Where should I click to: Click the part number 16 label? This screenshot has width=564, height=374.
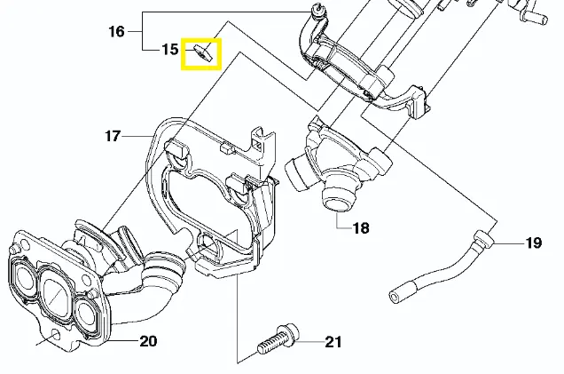pyautogui.click(x=117, y=32)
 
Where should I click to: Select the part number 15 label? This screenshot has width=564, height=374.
pyautogui.click(x=169, y=50)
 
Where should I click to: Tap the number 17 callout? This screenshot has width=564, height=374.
pyautogui.click(x=112, y=137)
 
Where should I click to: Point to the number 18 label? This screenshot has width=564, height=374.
pyautogui.click(x=360, y=228)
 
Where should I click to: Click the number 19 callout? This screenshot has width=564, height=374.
pyautogui.click(x=533, y=242)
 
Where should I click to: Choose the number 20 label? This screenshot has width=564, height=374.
pyautogui.click(x=148, y=340)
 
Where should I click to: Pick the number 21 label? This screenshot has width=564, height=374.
pyautogui.click(x=333, y=340)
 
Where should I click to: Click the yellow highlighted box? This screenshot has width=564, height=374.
pyautogui.click(x=201, y=55)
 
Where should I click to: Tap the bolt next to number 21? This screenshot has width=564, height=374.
pyautogui.click(x=278, y=341)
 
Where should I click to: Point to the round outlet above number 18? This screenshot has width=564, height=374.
pyautogui.click(x=336, y=197)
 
